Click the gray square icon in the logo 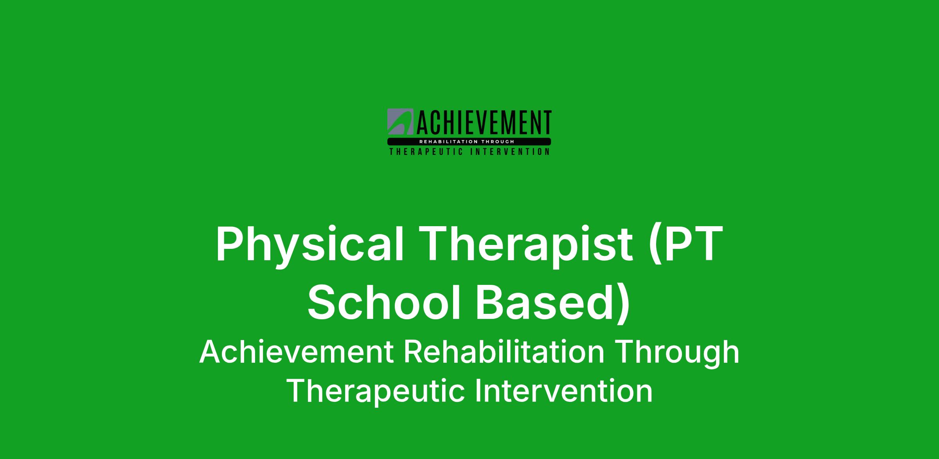tap(400, 121)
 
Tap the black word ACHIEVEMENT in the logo tap(483, 123)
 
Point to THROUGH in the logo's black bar tap(500, 142)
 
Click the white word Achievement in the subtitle tap(297, 352)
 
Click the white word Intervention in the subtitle tap(564, 391)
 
